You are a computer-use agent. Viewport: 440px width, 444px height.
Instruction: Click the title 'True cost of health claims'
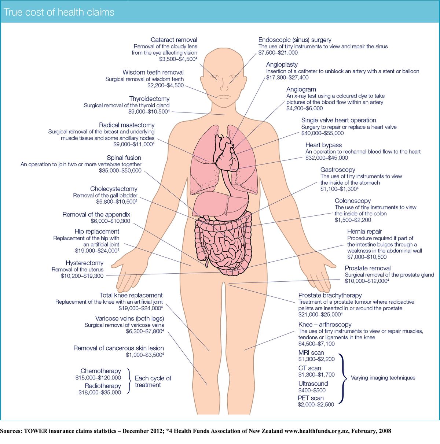(59, 12)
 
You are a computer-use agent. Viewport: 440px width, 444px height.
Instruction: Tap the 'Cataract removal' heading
(174, 40)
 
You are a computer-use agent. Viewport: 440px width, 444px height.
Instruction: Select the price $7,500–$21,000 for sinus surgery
(278, 52)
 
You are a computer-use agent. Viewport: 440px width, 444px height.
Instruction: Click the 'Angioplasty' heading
(282, 65)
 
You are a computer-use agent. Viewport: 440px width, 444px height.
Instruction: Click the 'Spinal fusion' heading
(124, 158)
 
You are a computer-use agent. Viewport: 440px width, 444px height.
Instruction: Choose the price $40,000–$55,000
(322, 133)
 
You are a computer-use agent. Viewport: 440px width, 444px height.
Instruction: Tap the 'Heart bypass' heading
(323, 145)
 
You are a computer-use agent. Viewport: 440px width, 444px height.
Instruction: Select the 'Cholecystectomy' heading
(114, 189)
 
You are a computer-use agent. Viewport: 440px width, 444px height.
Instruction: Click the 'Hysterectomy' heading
(84, 263)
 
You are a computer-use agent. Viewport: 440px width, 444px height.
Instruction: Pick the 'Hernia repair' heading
(364, 232)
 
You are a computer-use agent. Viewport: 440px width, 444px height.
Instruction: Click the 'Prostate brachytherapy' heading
(330, 295)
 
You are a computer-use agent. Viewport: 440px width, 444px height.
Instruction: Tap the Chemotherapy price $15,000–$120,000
(98, 378)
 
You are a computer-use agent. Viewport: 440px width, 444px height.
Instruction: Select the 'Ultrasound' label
(313, 384)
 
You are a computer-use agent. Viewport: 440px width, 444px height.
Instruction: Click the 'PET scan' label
(311, 398)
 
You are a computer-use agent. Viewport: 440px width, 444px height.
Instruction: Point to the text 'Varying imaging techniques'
(383, 378)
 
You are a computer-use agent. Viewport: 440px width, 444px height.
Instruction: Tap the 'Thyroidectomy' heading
(149, 99)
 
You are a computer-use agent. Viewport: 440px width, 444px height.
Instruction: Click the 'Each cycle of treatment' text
(153, 382)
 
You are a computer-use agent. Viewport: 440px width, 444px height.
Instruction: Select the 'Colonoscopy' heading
(353, 201)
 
